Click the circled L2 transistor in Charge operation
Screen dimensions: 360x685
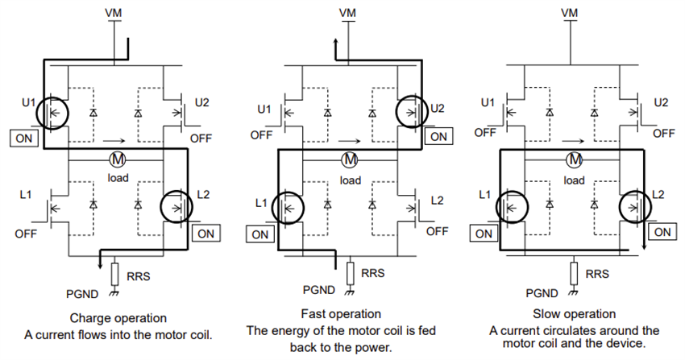coord(178,208)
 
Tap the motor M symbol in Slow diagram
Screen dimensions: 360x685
coord(575,159)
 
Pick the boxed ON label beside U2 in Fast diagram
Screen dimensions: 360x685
coord(438,136)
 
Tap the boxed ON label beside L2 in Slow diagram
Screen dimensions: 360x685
coord(664,232)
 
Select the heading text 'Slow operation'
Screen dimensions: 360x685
coord(575,313)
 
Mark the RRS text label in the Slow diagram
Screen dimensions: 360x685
coord(598,274)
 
